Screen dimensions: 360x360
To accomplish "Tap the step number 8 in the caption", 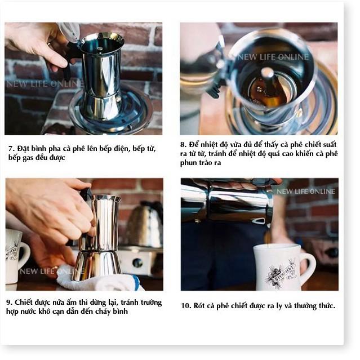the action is click(x=183, y=145).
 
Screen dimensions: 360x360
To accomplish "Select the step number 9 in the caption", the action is click(x=9, y=303).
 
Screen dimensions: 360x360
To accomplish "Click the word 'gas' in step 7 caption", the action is click(x=28, y=158).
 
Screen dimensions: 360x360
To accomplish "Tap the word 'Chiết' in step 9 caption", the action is click(x=24, y=303).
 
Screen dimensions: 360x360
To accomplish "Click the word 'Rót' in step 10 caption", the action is click(x=199, y=306).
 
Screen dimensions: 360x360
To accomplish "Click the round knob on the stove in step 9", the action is click(x=137, y=263).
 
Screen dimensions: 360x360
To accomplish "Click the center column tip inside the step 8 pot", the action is click(x=267, y=73).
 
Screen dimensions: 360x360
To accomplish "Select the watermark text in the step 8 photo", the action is click(x=273, y=57).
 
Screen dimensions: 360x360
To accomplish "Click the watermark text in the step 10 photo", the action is click(x=306, y=191).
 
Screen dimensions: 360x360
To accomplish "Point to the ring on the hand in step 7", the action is click(x=49, y=43).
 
